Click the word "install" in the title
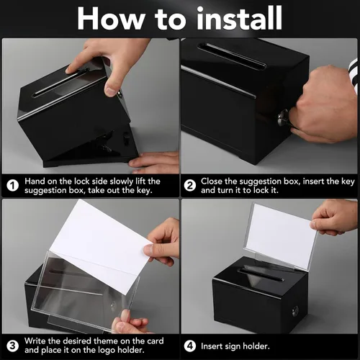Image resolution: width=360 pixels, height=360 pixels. [x=239, y=19]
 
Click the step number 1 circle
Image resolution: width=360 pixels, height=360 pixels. [x=12, y=186]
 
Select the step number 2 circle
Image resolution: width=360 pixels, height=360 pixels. [x=190, y=186]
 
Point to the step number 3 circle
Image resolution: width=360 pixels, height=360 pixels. [x=12, y=346]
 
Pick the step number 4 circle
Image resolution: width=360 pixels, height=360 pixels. [x=190, y=346]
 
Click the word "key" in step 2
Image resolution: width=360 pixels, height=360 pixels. [x=348, y=181]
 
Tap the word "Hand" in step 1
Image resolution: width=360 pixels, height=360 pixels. [x=35, y=181]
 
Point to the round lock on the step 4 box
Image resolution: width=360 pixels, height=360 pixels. [x=295, y=311]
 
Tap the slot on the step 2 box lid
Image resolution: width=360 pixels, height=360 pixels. [x=232, y=55]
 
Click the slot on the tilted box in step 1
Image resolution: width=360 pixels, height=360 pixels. [x=60, y=82]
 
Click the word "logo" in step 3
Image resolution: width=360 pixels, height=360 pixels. [x=93, y=351]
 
